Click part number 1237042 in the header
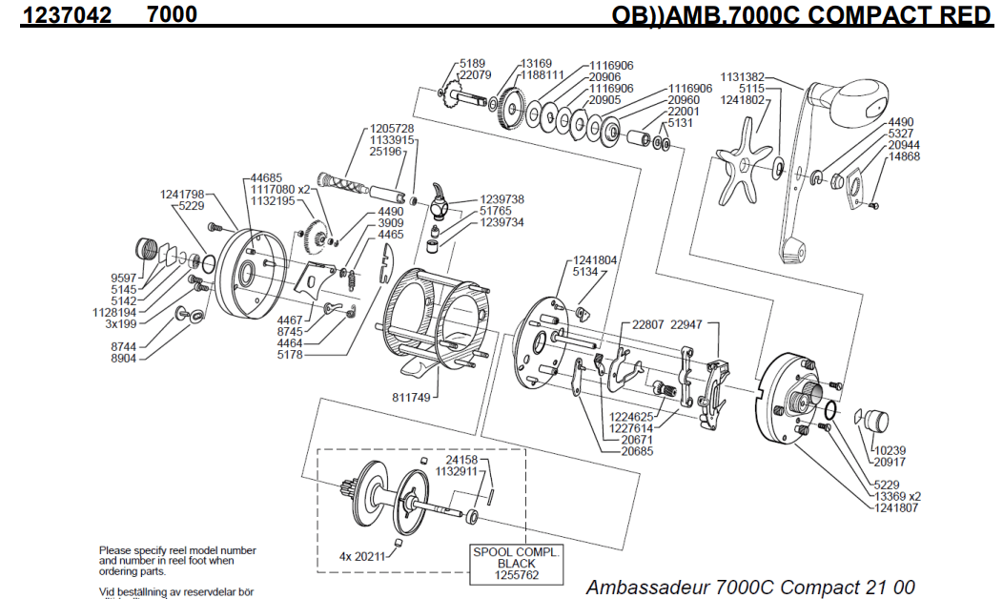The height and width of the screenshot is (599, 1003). tap(66, 14)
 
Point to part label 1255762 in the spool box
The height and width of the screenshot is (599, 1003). tap(518, 575)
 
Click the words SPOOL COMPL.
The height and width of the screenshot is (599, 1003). tap(518, 552)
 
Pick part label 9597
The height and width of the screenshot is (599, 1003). tap(124, 278)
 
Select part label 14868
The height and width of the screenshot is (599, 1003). tap(904, 156)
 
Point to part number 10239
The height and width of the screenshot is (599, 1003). tap(892, 450)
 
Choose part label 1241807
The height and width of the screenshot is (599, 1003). tap(896, 507)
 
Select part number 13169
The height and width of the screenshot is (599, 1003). tap(537, 64)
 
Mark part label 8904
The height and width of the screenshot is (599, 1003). tap(124, 359)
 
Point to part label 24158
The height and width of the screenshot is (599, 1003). tap(461, 460)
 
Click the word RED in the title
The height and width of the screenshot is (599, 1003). tap(965, 14)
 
